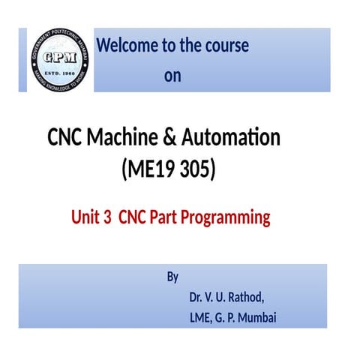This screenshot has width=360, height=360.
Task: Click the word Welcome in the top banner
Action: coord(124,46)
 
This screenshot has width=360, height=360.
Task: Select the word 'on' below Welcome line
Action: coord(172,76)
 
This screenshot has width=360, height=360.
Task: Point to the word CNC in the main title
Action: coord(65,138)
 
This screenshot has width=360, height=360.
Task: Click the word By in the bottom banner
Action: coord(172,277)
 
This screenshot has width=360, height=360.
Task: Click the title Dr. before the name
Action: coord(197,296)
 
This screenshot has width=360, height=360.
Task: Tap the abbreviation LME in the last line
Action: coord(202,317)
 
